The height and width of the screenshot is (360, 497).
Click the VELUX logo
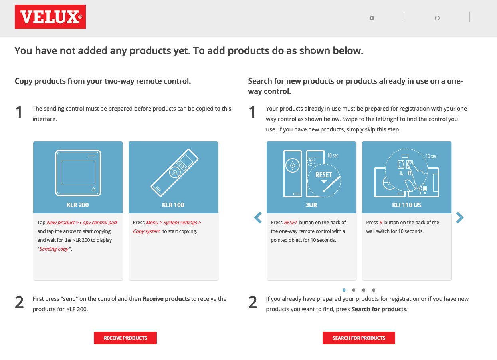click(x=50, y=17)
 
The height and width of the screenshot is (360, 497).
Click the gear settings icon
click(x=372, y=18)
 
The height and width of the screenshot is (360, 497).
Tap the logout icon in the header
click(x=437, y=18)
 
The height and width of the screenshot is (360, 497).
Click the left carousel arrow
click(x=258, y=218)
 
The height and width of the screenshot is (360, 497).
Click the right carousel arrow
click(x=460, y=218)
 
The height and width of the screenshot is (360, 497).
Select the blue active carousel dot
click(x=344, y=290)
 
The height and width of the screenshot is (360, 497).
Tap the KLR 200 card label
click(x=78, y=205)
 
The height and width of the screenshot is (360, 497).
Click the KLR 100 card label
click(x=173, y=205)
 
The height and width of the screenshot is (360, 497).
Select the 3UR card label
click(x=311, y=205)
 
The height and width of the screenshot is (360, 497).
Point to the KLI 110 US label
click(x=406, y=205)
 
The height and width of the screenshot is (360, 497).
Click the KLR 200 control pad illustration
click(x=78, y=173)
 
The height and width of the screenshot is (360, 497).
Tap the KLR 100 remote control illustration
click(x=174, y=173)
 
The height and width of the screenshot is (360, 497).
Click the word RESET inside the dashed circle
click(x=324, y=175)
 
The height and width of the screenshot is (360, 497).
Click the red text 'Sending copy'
click(x=54, y=249)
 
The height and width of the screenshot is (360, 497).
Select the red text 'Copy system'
click(x=147, y=231)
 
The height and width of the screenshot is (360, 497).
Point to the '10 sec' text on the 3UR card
click(x=333, y=156)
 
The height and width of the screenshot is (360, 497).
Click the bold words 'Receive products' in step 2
click(x=166, y=299)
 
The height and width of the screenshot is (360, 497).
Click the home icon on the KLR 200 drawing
click(x=94, y=189)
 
